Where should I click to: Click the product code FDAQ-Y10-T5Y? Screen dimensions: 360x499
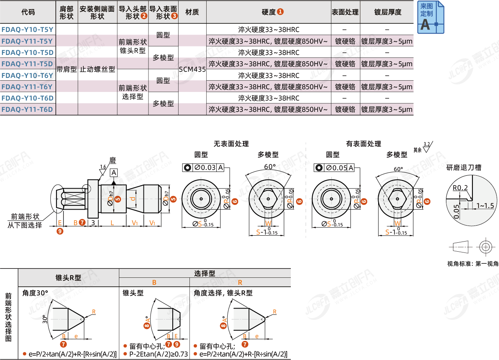pos(27,29)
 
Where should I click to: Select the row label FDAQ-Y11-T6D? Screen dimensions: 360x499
pos(27,109)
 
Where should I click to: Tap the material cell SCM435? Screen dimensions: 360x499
pos(192,70)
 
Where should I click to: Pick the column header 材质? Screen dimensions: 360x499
pos(192,12)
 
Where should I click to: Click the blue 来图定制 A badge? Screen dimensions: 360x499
pos(430,18)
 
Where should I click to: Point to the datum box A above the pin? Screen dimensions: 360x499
pos(113,173)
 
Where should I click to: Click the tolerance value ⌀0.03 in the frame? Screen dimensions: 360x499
pos(205,168)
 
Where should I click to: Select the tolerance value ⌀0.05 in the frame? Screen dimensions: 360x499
pos(336,168)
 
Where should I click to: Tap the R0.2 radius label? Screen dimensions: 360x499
pos(460,188)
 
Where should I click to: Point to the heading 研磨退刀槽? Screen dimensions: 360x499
pos(464,168)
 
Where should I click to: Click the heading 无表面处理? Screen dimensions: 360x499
pos(231,144)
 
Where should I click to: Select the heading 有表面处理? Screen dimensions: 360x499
pos(363,144)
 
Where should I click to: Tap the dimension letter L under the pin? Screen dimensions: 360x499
pos(112,222)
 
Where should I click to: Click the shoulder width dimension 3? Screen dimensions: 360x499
pos(93,222)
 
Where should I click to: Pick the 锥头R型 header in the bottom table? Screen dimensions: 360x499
pos(68,278)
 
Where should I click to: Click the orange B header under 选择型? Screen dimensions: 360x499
pos(154,282)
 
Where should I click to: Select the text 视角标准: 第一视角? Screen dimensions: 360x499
pos(472,264)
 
